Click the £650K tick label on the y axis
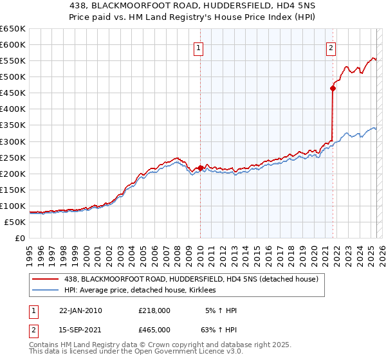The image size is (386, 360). coord(13,29)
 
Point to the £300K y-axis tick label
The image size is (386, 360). coord(13,141)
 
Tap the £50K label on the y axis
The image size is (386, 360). coord(15,222)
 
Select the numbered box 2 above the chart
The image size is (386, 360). coord(331,48)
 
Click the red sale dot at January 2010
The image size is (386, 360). coord(200,168)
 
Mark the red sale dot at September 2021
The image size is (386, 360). coord(333,88)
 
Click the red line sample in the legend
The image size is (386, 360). coord(44,280)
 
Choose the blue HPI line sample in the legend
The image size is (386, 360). coord(44,291)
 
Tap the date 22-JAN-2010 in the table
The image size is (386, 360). coord(80,310)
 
